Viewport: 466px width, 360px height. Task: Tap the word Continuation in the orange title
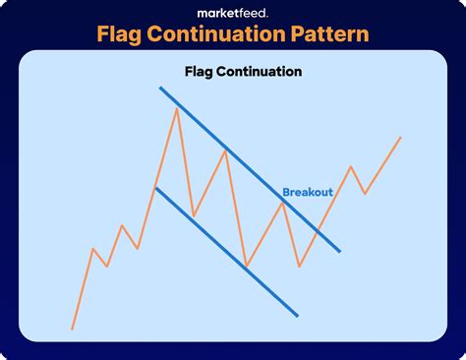tap(228, 34)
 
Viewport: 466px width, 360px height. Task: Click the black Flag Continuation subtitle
tap(243, 72)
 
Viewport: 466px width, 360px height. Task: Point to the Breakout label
tap(308, 192)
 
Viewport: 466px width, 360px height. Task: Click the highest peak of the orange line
tap(177, 108)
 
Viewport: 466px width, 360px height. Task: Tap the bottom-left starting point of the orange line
tap(72, 329)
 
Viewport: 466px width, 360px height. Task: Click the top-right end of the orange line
tap(401, 137)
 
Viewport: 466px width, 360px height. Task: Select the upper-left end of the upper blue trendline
tap(160, 90)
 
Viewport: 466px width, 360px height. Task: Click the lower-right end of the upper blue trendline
tap(339, 251)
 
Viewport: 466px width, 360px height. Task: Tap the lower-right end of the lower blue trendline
tap(297, 316)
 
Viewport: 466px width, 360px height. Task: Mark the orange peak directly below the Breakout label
tap(283, 201)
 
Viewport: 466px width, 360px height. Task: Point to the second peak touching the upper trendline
tap(226, 150)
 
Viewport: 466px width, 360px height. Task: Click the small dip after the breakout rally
tap(365, 193)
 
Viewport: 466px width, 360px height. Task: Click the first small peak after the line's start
tap(93, 249)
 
